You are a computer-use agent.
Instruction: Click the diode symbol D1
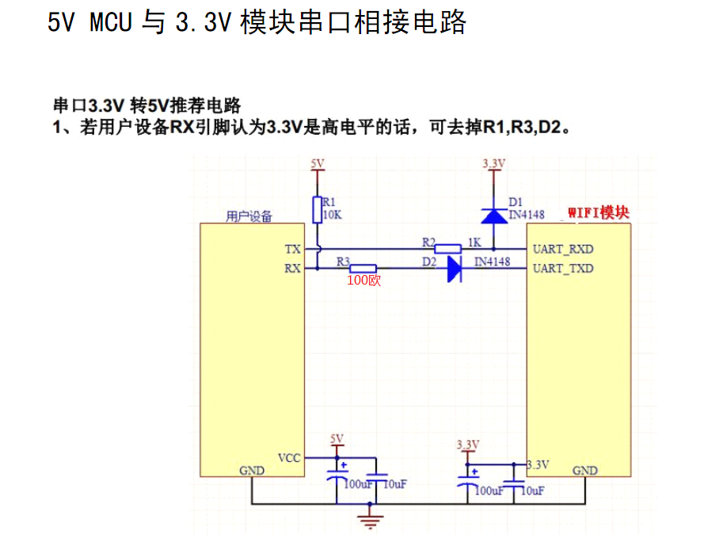point(494,215)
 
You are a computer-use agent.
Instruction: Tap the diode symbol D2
point(455,269)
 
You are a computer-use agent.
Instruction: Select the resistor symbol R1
point(317,210)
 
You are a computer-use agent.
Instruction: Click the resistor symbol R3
point(363,269)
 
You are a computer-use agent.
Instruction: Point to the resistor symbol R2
point(448,249)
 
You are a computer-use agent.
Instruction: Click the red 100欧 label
point(364,281)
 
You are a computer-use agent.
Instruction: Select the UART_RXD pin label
point(563,249)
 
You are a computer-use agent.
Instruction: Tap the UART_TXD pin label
point(563,269)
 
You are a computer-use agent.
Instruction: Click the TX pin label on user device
point(292,249)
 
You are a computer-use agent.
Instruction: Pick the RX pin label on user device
point(292,269)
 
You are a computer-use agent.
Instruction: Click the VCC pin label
point(289,458)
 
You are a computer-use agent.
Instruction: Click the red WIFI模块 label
point(598,212)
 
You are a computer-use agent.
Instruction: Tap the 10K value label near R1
point(333,215)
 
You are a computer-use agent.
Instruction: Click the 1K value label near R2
point(474,242)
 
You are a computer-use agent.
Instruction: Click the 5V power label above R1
point(317,163)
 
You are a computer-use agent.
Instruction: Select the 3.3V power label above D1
point(493,163)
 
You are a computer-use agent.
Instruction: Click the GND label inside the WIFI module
point(585,471)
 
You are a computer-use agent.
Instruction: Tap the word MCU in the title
point(111,22)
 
